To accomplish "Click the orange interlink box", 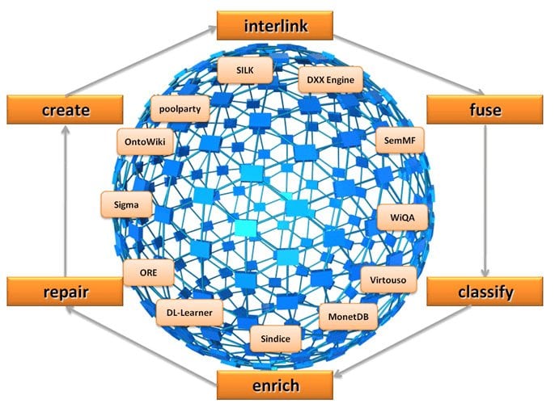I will point(274,25).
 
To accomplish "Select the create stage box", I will point(65,109).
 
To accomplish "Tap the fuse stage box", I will point(485,109).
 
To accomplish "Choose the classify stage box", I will point(485,291).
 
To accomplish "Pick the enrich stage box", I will point(274,385).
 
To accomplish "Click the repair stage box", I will point(65,291).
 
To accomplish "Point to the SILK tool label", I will point(244,70).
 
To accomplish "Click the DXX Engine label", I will point(331,81).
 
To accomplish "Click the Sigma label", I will point(125,205).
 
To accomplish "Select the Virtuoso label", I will point(388,280).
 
